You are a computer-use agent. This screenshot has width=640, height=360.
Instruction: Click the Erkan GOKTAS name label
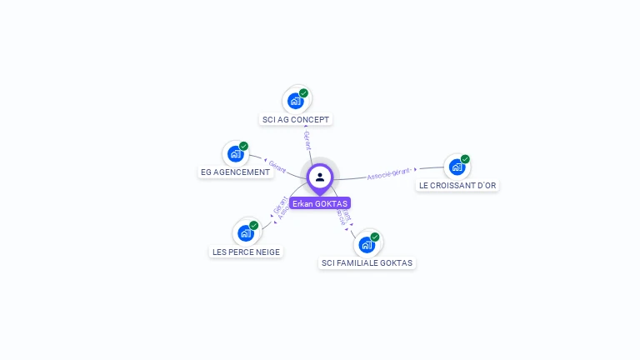320,203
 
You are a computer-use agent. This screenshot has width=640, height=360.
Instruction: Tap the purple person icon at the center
320,177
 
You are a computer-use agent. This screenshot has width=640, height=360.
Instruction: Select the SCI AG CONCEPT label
296,120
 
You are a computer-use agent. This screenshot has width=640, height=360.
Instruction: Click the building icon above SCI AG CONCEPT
295,101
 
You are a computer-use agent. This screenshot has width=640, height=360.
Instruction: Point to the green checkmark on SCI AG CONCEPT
304,93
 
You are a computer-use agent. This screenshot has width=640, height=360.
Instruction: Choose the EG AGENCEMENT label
236,172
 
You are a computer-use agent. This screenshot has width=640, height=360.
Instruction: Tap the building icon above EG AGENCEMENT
235,154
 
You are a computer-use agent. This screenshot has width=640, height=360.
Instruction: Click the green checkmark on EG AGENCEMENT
244,146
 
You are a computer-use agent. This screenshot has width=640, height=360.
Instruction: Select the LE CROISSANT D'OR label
457,185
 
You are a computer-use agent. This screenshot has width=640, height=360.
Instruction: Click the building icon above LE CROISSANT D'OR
456,167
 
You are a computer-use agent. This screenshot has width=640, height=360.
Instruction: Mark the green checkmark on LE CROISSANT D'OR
465,159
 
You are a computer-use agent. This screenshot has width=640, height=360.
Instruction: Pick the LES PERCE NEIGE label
246,252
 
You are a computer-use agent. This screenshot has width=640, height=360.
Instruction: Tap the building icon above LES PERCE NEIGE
245,233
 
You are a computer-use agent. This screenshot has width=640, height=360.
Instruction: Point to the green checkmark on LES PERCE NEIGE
254,225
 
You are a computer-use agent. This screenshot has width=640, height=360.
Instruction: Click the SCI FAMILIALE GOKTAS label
367,262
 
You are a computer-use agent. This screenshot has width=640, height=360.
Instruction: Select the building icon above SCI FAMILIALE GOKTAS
366,245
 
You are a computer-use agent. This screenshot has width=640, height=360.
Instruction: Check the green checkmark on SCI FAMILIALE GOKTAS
375,237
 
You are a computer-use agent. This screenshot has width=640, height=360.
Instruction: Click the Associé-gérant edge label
389,173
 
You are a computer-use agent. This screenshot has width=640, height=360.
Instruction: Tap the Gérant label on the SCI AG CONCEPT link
307,140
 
